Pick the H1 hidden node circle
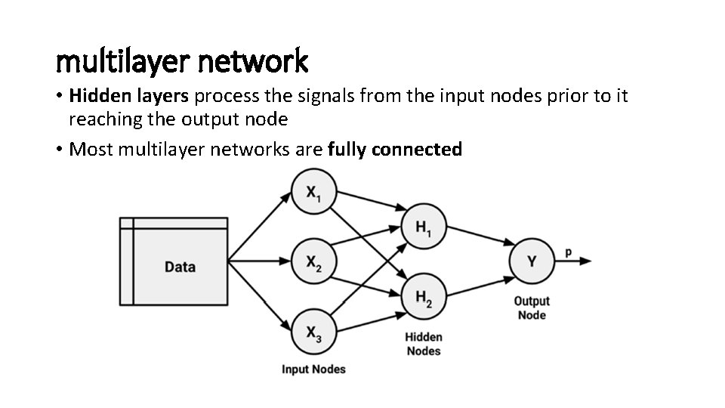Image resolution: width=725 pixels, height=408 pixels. point(424,226)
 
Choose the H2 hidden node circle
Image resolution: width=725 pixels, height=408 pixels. point(424,296)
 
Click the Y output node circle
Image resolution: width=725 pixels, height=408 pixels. point(532,261)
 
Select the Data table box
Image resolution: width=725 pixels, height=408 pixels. point(174,261)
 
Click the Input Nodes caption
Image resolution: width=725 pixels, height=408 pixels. point(313,369)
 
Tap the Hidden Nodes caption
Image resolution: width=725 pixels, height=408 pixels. point(424,344)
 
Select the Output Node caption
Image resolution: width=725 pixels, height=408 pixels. point(532,308)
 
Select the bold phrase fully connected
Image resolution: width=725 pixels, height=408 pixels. point(395,149)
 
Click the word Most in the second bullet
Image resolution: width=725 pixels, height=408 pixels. point(87,149)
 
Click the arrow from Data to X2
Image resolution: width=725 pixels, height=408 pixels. point(260,261)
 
